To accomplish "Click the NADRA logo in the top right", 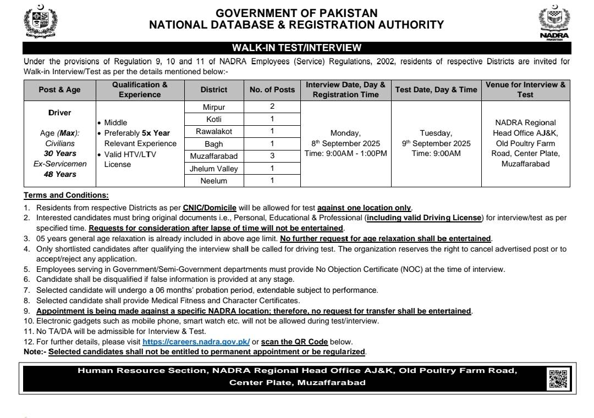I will click(x=554, y=23).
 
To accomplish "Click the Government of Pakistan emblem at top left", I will click(x=40, y=22).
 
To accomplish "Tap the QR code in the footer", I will click(x=558, y=378).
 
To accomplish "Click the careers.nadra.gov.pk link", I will click(x=196, y=342).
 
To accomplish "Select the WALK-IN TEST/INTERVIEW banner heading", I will click(x=296, y=48).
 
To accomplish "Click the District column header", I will click(x=214, y=90).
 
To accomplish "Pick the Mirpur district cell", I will click(x=214, y=107).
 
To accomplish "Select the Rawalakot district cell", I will click(x=214, y=131).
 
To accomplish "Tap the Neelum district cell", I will click(x=214, y=181).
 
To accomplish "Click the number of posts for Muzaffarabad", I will click(x=272, y=156).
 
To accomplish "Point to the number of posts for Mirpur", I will click(x=272, y=107).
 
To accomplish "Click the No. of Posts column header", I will click(x=272, y=90).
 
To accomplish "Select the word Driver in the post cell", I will click(x=59, y=113).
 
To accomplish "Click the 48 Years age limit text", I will click(x=60, y=174).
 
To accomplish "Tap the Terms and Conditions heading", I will click(x=66, y=195).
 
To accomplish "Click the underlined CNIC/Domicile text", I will click(x=210, y=208).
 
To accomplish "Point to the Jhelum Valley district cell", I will click(x=214, y=169).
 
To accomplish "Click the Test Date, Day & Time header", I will click(x=436, y=90).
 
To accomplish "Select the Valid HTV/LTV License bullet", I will click(x=130, y=159).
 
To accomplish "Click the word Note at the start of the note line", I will click(x=34, y=352).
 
